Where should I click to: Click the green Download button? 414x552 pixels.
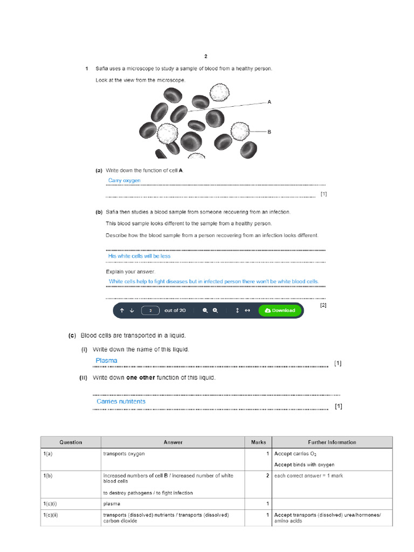(x=280, y=310)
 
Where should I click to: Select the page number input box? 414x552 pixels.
(x=150, y=310)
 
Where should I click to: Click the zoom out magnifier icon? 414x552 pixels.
(x=205, y=310)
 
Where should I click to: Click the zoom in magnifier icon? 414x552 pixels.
(x=216, y=310)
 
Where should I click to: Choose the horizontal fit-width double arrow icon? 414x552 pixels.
(x=247, y=310)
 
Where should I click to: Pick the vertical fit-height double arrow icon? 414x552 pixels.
(x=237, y=310)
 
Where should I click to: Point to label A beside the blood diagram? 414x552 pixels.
(x=269, y=101)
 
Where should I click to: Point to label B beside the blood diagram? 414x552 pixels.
(x=269, y=131)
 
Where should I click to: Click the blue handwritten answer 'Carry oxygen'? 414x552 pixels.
(x=124, y=181)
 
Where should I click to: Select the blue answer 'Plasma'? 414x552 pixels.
(x=106, y=361)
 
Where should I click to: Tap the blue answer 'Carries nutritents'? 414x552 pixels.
(x=121, y=402)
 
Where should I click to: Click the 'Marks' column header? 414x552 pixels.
(x=258, y=443)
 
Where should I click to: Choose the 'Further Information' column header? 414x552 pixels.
(x=332, y=443)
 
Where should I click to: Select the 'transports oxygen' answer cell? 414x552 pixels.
(x=124, y=454)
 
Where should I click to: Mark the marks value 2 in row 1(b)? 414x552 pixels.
(x=267, y=476)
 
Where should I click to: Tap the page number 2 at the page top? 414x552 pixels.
(x=205, y=56)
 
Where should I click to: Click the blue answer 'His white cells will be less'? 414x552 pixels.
(x=139, y=256)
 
